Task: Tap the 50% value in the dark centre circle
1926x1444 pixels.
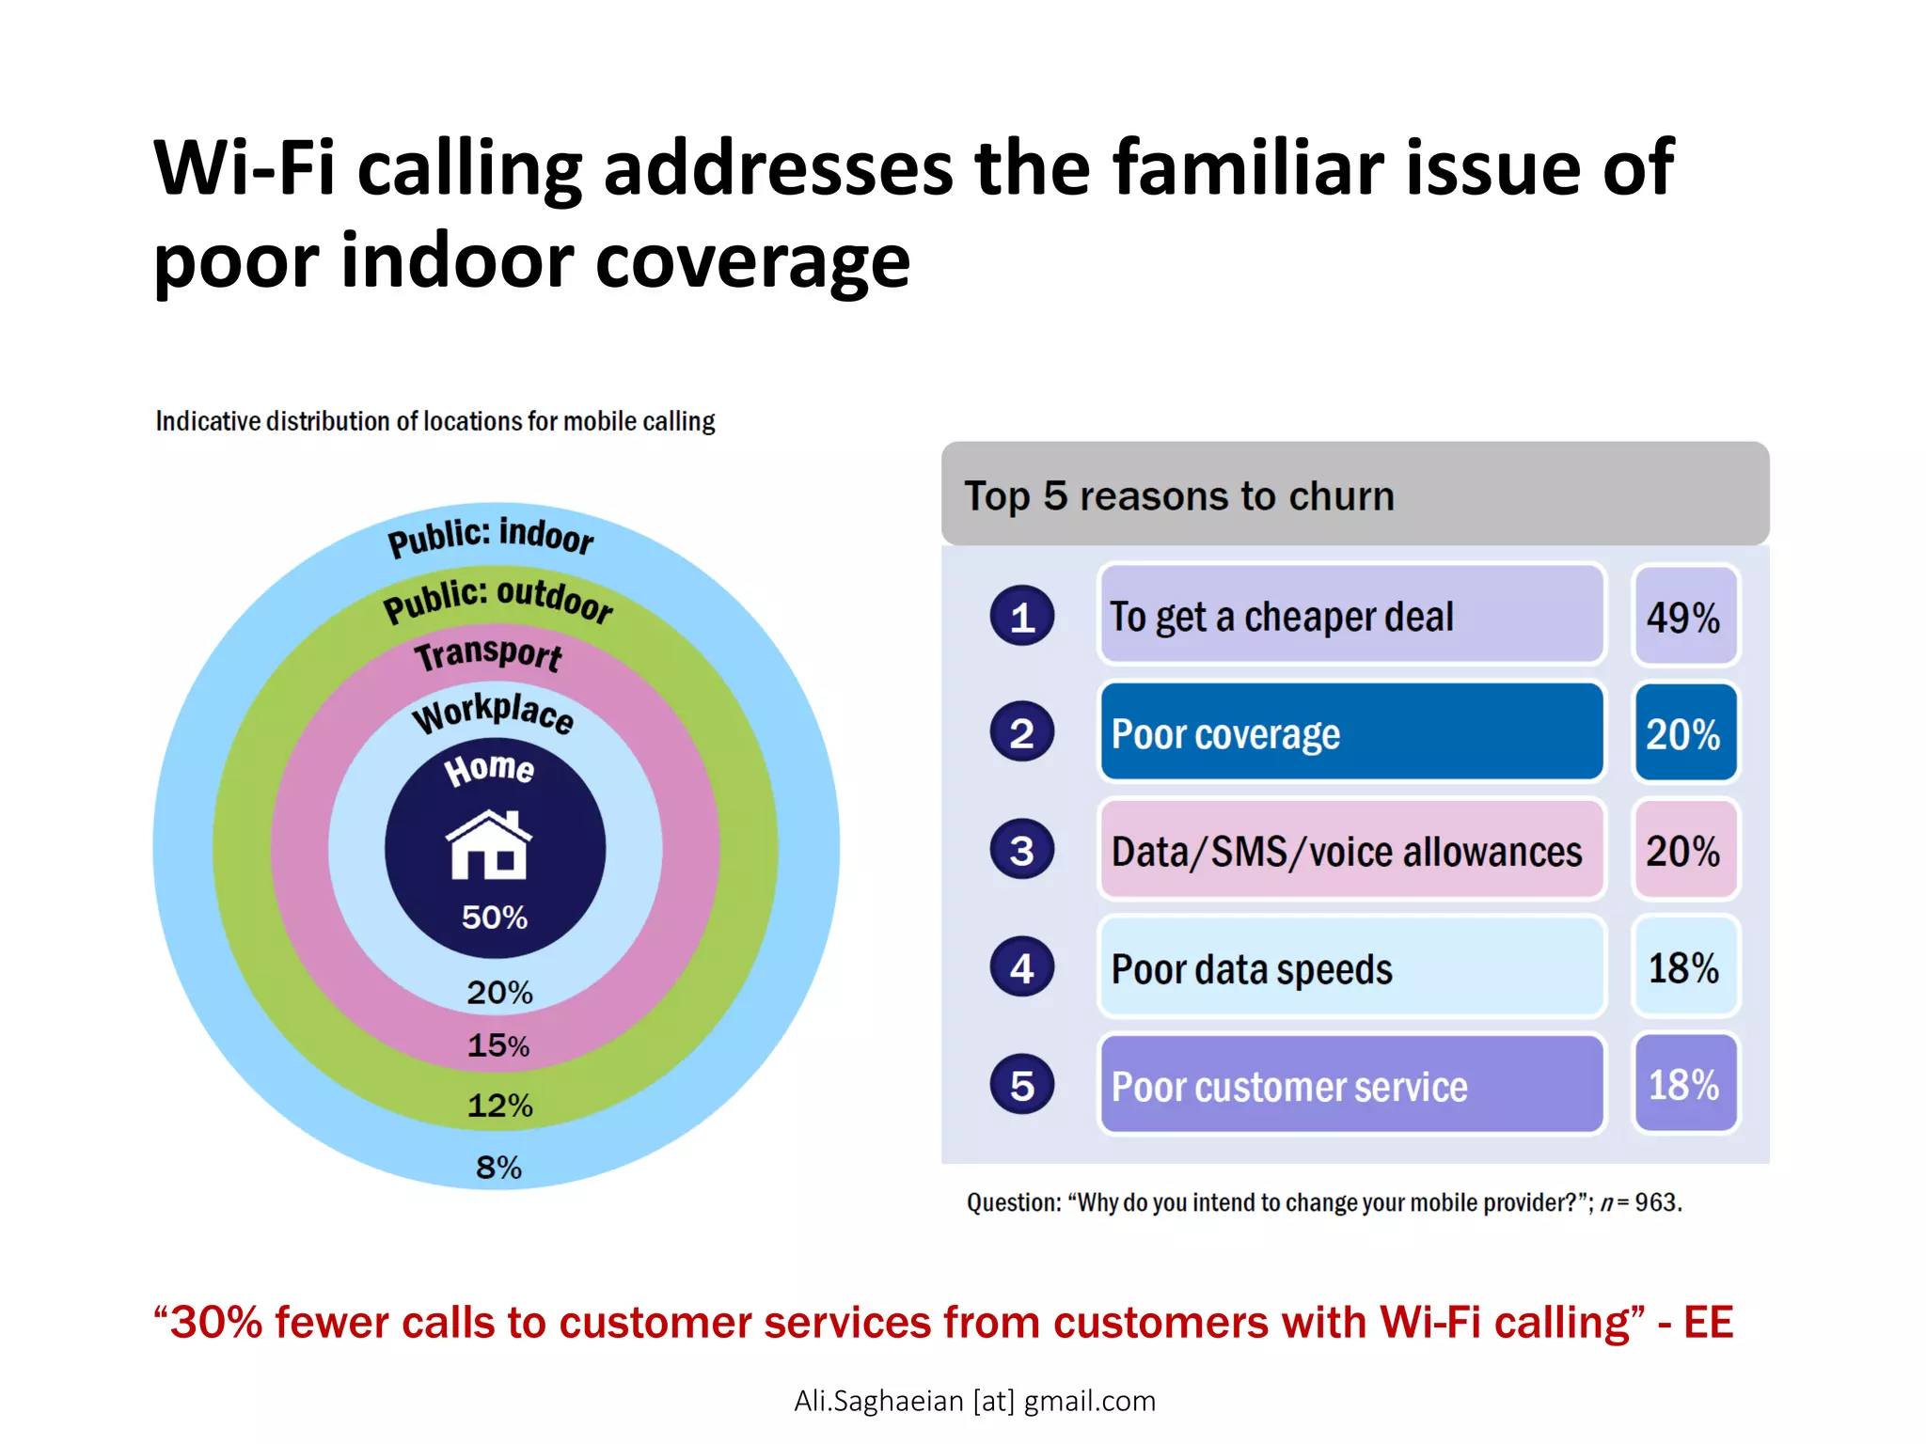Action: [x=495, y=918]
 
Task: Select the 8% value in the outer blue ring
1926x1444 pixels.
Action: [x=498, y=1168]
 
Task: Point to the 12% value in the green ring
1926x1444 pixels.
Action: [x=499, y=1106]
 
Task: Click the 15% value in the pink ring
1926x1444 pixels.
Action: [x=498, y=1045]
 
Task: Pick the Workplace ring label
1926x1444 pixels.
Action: [x=493, y=713]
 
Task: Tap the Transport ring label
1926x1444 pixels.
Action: [x=489, y=653]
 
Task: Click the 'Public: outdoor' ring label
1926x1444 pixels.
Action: [x=497, y=599]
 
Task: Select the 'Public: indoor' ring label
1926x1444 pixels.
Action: [x=491, y=536]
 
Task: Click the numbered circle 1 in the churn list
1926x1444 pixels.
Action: [x=1022, y=617]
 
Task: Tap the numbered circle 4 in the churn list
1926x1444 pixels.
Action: [x=1022, y=967]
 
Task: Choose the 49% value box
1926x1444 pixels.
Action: [x=1684, y=617]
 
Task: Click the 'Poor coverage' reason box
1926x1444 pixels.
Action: [x=1351, y=733]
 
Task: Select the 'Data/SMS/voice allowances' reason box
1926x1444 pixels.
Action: [x=1351, y=851]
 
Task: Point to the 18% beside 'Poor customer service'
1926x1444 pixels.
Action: [x=1684, y=1085]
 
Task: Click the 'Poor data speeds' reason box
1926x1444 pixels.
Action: [x=1351, y=968]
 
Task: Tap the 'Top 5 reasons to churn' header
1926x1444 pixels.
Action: [x=1179, y=495]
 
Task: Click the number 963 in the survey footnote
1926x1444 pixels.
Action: [x=1656, y=1202]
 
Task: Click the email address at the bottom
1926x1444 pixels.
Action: [x=974, y=1401]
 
